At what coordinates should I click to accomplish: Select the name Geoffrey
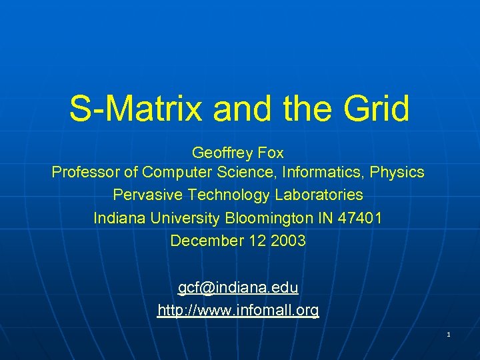click(x=223, y=153)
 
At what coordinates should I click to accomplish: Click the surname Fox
click(x=271, y=153)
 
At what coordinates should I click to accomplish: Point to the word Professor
click(x=86, y=173)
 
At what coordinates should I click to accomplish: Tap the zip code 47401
click(x=362, y=218)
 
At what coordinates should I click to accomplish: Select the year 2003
click(x=289, y=241)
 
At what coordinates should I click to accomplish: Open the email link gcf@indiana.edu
click(x=238, y=287)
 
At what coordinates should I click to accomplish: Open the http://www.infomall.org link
click(x=238, y=310)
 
